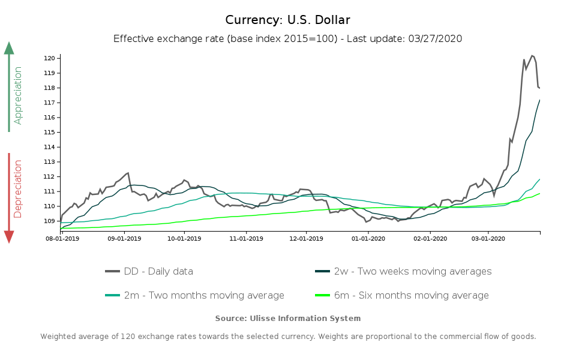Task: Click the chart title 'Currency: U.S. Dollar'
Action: pyautogui.click(x=288, y=20)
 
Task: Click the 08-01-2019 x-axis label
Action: pyautogui.click(x=62, y=238)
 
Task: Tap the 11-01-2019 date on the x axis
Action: pyautogui.click(x=246, y=238)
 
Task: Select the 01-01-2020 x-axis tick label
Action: pyautogui.click(x=368, y=238)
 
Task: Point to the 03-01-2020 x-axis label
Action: pyautogui.click(x=488, y=238)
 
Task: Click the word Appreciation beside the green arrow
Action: pyautogui.click(x=18, y=95)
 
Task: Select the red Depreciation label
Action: pyautogui.click(x=18, y=188)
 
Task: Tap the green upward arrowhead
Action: pyautogui.click(x=9, y=48)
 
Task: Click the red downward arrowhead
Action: pyautogui.click(x=9, y=237)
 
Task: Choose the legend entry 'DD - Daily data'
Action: pyautogui.click(x=149, y=271)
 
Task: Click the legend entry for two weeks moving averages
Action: pyautogui.click(x=403, y=271)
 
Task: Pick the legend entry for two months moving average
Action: pyautogui.click(x=195, y=295)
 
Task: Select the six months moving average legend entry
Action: pyautogui.click(x=402, y=295)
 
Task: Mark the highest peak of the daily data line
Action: pyautogui.click(x=532, y=56)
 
